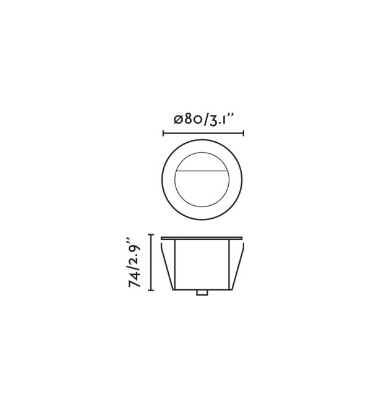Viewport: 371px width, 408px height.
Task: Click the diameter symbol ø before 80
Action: click(179, 120)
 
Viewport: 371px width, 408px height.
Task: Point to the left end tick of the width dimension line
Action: click(163, 134)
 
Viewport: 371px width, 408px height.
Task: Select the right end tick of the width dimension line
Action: click(244, 134)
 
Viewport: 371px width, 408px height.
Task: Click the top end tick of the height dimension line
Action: click(150, 235)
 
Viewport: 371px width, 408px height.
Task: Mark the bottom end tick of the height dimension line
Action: click(150, 290)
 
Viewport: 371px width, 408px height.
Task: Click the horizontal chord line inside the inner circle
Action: click(202, 171)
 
